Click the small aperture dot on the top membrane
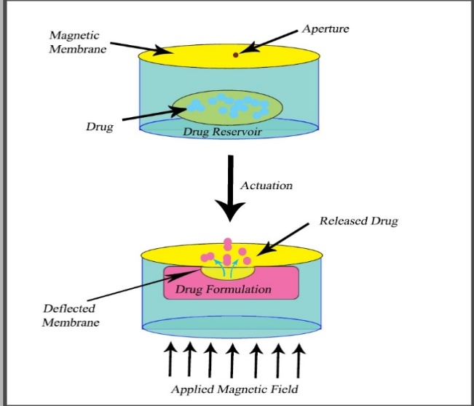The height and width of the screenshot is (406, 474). pyautogui.click(x=234, y=55)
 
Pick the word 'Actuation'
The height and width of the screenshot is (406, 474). pyautogui.click(x=266, y=185)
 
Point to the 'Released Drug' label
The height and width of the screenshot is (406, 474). pyautogui.click(x=358, y=220)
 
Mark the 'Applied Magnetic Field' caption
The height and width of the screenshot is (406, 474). pyautogui.click(x=234, y=389)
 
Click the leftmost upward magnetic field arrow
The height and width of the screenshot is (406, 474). pyautogui.click(x=170, y=359)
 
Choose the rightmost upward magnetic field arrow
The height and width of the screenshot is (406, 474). pyautogui.click(x=298, y=359)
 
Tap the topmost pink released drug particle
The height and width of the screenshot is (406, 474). pyautogui.click(x=228, y=243)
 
